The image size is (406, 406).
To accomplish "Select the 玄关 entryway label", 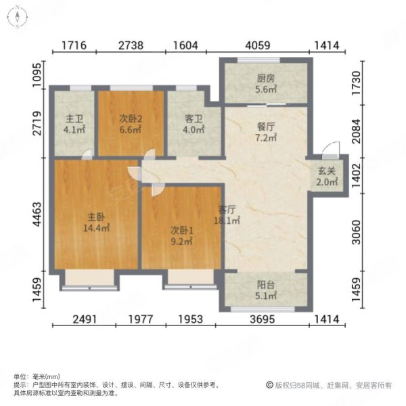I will pyautogui.click(x=328, y=171).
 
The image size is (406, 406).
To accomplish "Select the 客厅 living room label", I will pyautogui.click(x=227, y=210).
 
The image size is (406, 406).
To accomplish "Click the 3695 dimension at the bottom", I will pyautogui.click(x=263, y=320).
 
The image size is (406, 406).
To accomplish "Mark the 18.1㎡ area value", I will pyautogui.click(x=227, y=220).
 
